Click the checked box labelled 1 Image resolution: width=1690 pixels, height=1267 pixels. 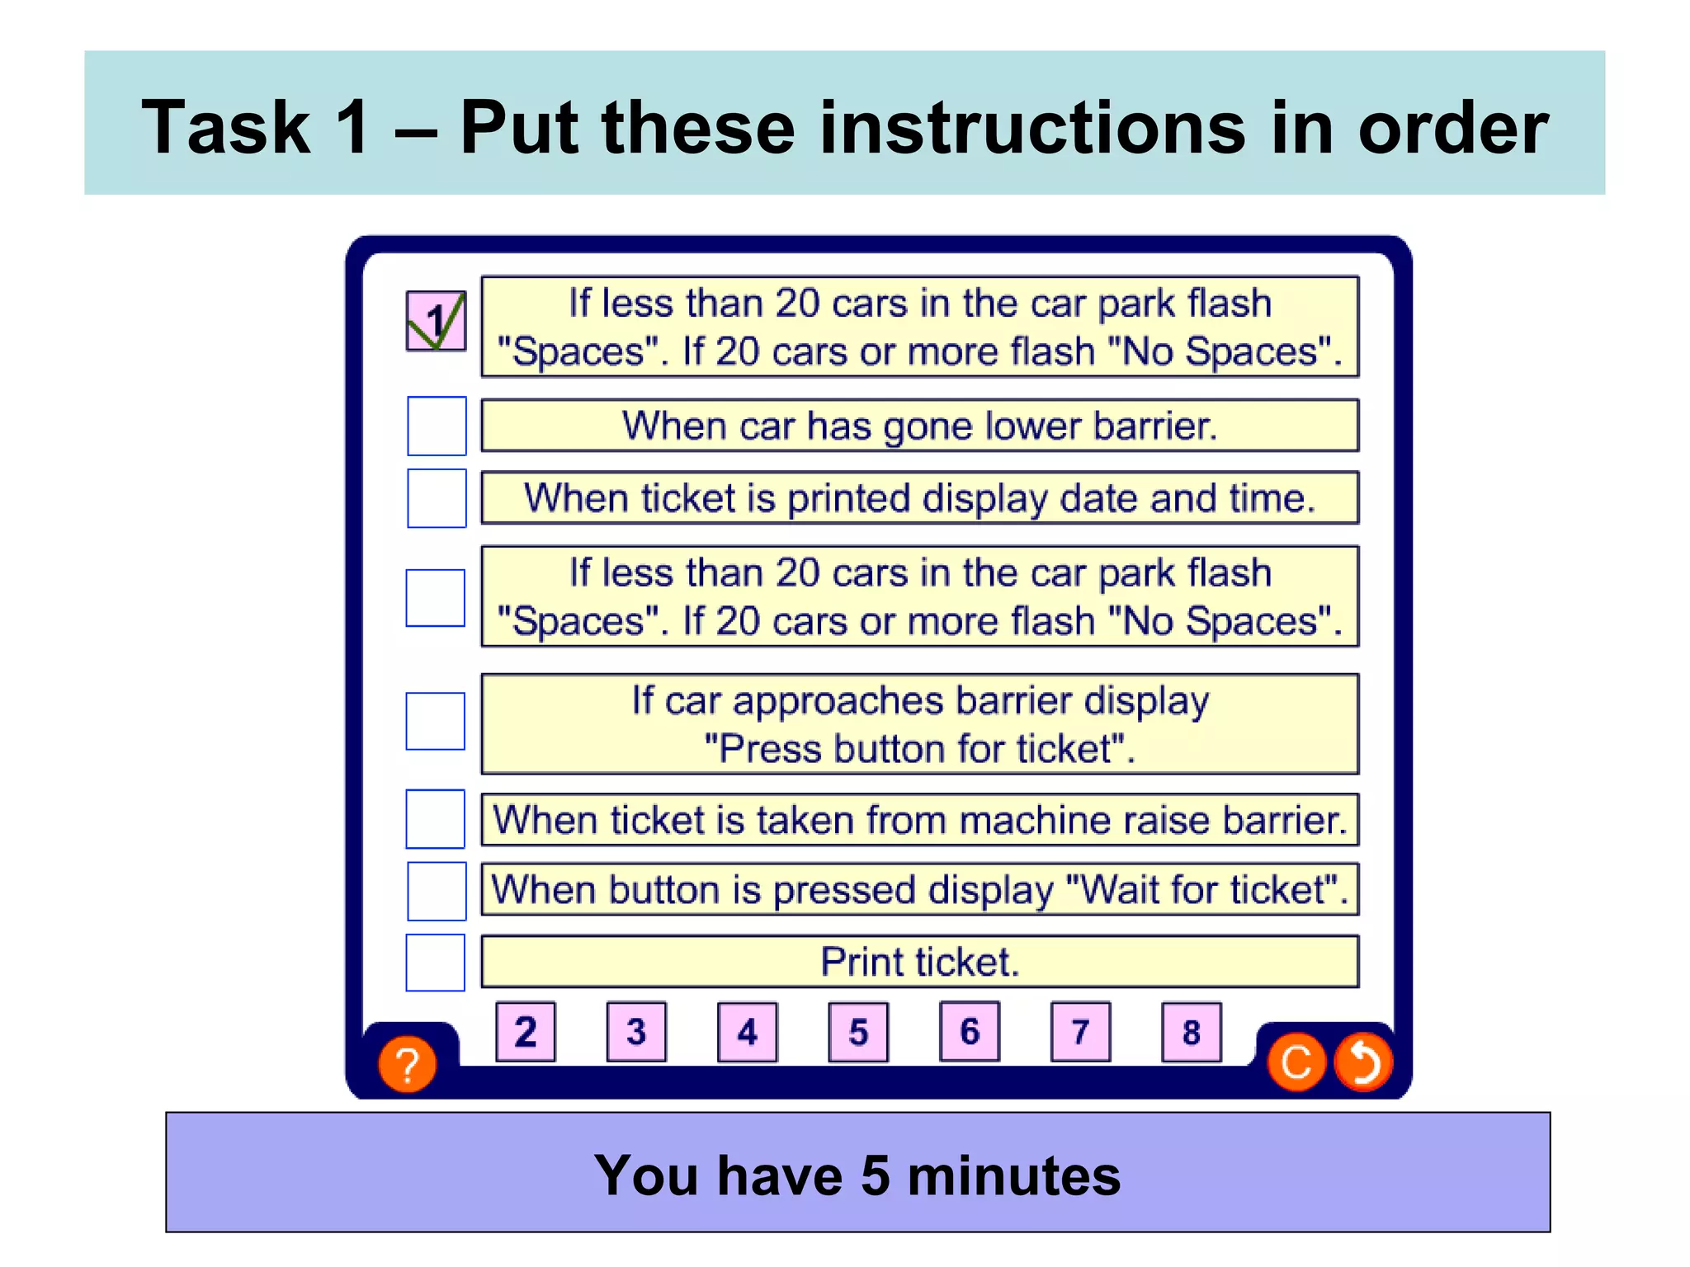(436, 321)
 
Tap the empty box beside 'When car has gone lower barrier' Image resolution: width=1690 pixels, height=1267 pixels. (437, 426)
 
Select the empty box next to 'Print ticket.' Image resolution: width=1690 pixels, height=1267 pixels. (436, 962)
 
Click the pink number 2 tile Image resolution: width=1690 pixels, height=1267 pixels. (526, 1031)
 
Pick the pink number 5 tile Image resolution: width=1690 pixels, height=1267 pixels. (858, 1031)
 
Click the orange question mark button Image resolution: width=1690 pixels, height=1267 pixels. (407, 1064)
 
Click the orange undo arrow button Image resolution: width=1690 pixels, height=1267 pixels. (1363, 1062)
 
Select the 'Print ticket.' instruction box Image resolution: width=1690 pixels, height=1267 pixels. (919, 962)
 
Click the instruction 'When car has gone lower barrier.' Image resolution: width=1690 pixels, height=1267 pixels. (919, 426)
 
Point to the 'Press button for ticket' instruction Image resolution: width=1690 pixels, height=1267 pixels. (919, 724)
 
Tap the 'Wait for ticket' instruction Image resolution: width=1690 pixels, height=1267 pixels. (919, 890)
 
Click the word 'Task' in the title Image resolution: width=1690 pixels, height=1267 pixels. (225, 127)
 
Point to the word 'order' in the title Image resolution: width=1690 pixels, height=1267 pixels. (1452, 129)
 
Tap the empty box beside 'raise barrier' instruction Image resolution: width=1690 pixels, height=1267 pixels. (436, 819)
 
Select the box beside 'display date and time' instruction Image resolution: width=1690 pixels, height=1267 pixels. (437, 498)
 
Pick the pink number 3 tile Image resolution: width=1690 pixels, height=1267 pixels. (636, 1031)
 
